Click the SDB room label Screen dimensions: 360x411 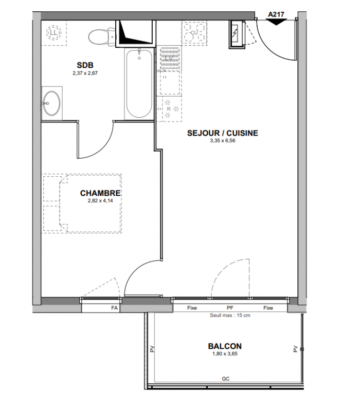[85, 65]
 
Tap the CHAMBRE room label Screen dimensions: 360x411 [100, 193]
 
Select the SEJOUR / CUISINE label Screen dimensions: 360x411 [223, 133]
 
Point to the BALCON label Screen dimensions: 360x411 [225, 346]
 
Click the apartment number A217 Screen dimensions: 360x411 [276, 14]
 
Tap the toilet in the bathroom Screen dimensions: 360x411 [102, 36]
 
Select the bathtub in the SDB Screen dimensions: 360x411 [139, 83]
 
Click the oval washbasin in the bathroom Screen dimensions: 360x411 [51, 103]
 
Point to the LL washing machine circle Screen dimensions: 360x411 [53, 33]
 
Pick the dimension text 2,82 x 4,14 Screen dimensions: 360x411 [100, 201]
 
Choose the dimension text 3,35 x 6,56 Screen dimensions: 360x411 [223, 141]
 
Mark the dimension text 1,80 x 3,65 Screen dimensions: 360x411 [225, 354]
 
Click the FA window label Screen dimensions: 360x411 [114, 308]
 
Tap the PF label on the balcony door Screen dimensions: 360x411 [230, 308]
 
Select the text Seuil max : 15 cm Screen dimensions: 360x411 [230, 315]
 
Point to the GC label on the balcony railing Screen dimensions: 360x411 [226, 379]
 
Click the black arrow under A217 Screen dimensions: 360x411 [276, 22]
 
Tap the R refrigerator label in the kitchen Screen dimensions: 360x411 [169, 109]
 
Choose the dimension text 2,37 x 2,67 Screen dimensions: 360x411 [85, 73]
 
